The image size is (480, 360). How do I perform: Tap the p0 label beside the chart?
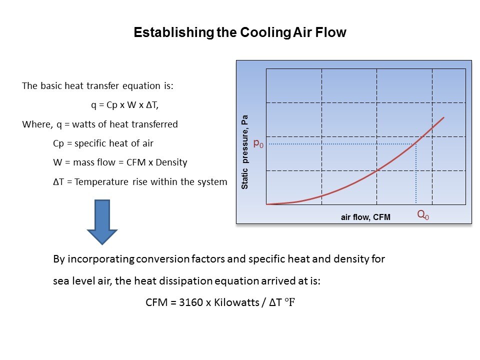pyautogui.click(x=258, y=143)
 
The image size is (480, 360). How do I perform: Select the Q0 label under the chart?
pyautogui.click(x=423, y=214)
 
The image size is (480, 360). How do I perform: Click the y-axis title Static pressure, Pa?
pyautogui.click(x=244, y=152)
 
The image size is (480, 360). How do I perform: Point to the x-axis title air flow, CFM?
pyautogui.click(x=365, y=217)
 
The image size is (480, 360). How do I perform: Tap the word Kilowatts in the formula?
pyautogui.click(x=236, y=302)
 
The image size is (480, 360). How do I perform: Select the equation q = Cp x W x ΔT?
pyautogui.click(x=125, y=105)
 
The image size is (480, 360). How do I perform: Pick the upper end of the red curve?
pyautogui.click(x=443, y=117)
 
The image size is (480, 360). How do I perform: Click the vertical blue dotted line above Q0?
pyautogui.click(x=415, y=173)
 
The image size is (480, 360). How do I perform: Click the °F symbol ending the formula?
pyautogui.click(x=289, y=302)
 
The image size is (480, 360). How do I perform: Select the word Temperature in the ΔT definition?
pyautogui.click(x=101, y=182)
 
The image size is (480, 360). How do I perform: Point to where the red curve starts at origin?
pyautogui.click(x=267, y=204)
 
